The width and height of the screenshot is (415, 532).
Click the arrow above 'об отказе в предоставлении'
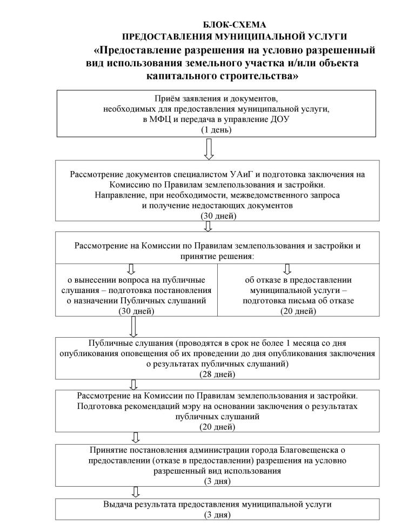tap(287, 268)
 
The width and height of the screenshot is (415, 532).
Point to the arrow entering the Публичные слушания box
tap(134, 326)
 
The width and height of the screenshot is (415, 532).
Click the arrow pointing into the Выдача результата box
tap(136, 492)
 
